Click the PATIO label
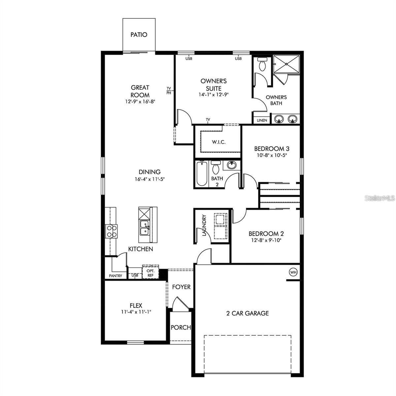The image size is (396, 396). coord(139,35)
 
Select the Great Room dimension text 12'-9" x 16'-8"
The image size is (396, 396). coord(140,102)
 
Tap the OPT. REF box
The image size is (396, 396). coord(150,273)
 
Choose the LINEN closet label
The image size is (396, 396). coord(262,120)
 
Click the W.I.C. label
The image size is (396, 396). coord(218,142)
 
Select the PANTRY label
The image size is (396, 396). coord(115,276)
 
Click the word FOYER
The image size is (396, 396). coord(181,287)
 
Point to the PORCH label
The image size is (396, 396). coord(181,327)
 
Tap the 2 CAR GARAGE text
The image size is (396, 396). coord(247,313)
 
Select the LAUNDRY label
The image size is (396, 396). coord(204,225)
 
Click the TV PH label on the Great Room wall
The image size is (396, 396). coord(169,90)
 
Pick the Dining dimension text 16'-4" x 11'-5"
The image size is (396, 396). coord(149,179)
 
